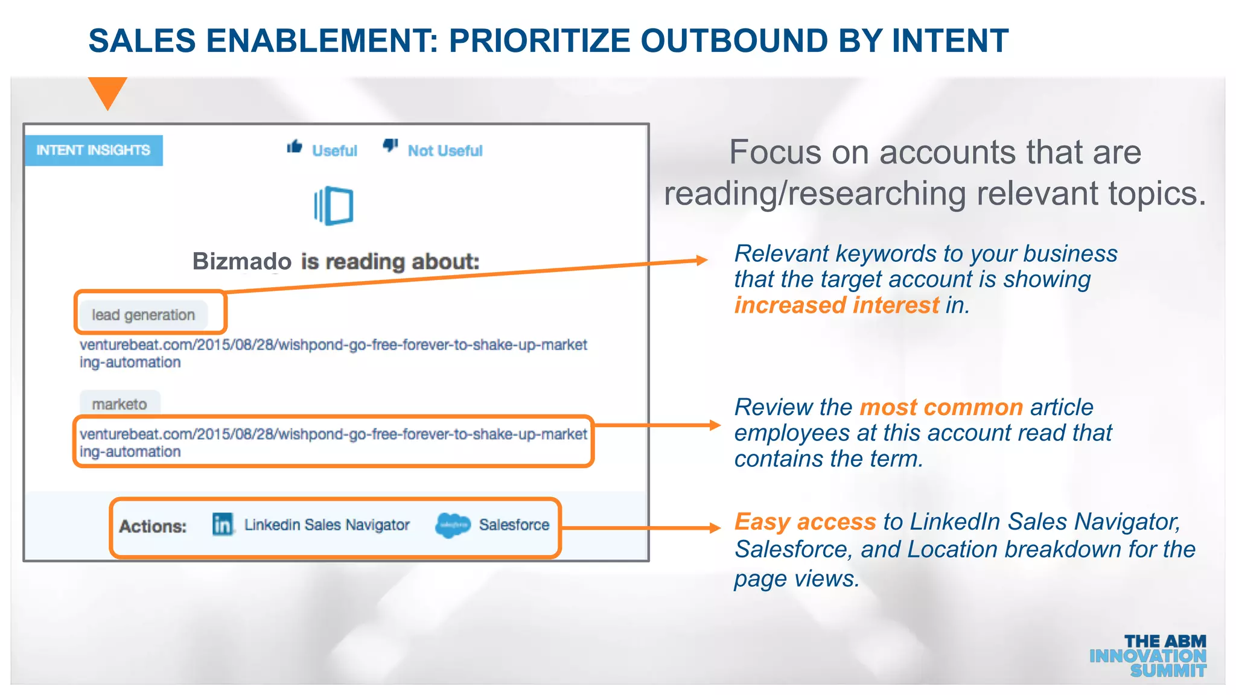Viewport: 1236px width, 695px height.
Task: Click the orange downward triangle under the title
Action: [x=107, y=91]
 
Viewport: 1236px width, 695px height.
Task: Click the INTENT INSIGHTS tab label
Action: [x=93, y=150]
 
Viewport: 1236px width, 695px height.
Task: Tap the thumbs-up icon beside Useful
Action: [x=295, y=147]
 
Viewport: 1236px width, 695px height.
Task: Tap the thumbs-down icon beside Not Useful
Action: [x=390, y=145]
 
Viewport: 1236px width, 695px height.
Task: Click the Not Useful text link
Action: [x=445, y=151]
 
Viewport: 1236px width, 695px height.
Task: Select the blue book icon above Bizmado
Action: [x=334, y=206]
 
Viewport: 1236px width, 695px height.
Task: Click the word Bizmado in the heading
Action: [x=241, y=261]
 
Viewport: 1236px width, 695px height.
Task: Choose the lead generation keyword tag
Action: [x=144, y=315]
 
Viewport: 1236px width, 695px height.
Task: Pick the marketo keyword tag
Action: [x=119, y=404]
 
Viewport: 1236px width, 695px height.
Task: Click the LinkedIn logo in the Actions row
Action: [x=223, y=524]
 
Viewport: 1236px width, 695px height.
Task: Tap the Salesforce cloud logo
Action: [x=453, y=525]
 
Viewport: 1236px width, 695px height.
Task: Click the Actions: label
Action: [x=153, y=526]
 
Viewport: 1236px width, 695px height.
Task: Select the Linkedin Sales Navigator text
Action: [x=327, y=525]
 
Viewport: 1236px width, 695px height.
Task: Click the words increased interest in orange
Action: [x=836, y=305]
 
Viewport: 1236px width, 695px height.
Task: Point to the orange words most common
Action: [x=941, y=407]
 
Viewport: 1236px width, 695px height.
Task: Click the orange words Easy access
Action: [x=805, y=521]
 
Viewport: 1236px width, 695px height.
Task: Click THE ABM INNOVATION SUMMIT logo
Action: [x=1148, y=656]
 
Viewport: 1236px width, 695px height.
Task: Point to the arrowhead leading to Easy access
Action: [x=715, y=528]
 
